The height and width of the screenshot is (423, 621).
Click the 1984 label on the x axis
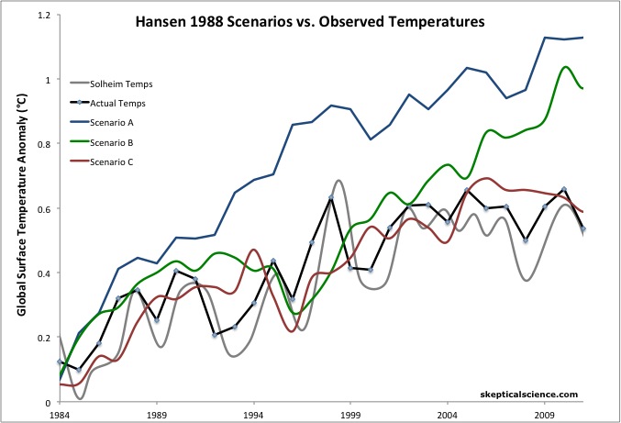pyautogui.click(x=60, y=415)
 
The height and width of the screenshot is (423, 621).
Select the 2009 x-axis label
pyautogui.click(x=544, y=415)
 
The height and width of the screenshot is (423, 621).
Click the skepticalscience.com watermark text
pyautogui.click(x=529, y=394)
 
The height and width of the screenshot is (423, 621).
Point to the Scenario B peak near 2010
pyautogui.click(x=565, y=67)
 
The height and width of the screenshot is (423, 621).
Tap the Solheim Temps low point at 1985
pyautogui.click(x=81, y=397)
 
